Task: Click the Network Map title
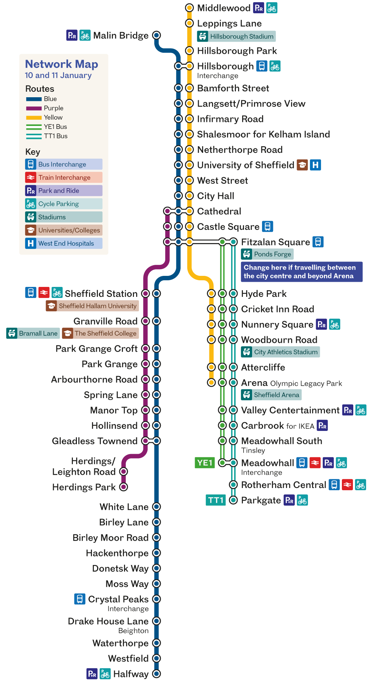(x=61, y=64)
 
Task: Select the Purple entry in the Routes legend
(x=53, y=108)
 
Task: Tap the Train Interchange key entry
(x=64, y=178)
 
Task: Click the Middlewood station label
(x=223, y=8)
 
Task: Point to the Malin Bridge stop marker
(x=156, y=35)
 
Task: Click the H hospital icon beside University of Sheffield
(x=315, y=165)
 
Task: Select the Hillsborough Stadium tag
(x=236, y=36)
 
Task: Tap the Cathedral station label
(x=219, y=211)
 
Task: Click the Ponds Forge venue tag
(x=267, y=254)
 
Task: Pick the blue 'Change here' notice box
(x=301, y=272)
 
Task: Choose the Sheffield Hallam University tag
(x=92, y=306)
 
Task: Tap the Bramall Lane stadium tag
(x=33, y=333)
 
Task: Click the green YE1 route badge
(x=205, y=463)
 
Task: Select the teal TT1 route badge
(x=216, y=500)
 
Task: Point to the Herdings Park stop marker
(x=124, y=487)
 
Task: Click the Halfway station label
(x=131, y=674)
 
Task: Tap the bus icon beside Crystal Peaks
(x=79, y=599)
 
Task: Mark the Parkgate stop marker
(x=233, y=500)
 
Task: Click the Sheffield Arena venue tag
(x=271, y=395)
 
